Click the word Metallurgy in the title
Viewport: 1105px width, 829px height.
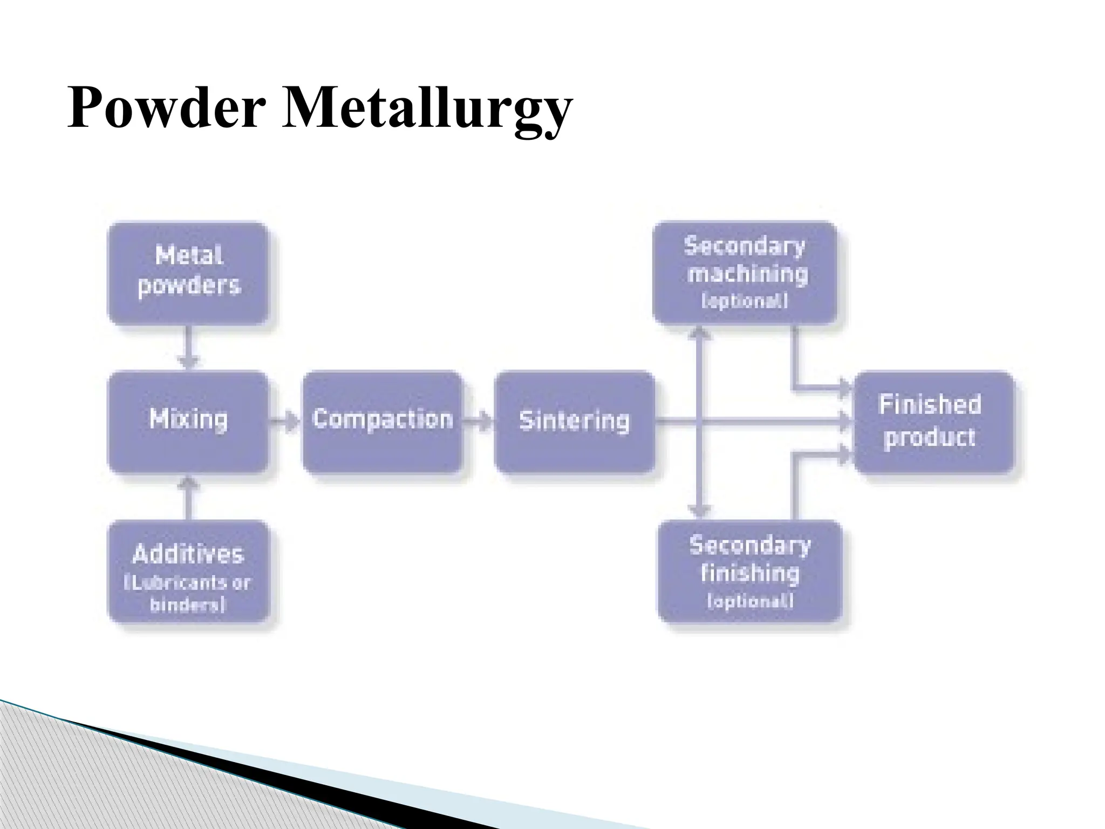coord(426,109)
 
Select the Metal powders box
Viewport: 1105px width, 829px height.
coord(188,273)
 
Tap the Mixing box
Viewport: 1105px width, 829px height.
coord(188,422)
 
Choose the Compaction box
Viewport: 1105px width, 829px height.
coord(383,422)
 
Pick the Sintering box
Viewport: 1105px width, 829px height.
coord(574,422)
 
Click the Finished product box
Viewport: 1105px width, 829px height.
coord(933,422)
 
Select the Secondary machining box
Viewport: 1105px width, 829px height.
coord(745,273)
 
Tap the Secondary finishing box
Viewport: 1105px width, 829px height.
coord(749,571)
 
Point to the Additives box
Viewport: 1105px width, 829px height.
coord(188,571)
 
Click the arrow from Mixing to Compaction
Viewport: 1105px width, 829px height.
coord(285,420)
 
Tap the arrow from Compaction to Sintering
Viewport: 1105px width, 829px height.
coord(479,420)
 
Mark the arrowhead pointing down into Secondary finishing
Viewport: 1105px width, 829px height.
coord(700,510)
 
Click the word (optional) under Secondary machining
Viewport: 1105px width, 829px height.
coord(745,301)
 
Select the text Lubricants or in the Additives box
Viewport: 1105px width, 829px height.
coord(188,583)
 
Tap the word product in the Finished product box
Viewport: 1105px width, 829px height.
coord(930,437)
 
